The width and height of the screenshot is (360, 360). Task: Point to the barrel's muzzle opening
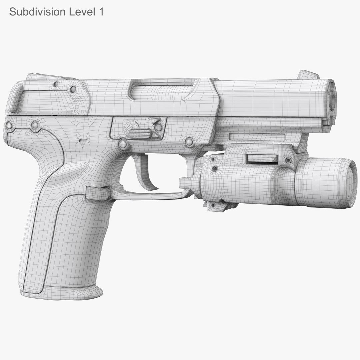[x=332, y=100]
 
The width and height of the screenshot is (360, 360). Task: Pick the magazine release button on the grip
[x=97, y=193]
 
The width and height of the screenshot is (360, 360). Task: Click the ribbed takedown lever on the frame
[x=139, y=133]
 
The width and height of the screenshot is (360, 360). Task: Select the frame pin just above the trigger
[x=123, y=144]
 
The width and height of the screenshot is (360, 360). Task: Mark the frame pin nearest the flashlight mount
[x=189, y=142]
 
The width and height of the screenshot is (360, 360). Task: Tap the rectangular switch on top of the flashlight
[x=262, y=159]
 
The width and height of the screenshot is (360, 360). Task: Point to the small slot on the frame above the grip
[x=83, y=141]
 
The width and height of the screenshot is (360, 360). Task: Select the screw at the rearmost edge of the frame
[x=9, y=126]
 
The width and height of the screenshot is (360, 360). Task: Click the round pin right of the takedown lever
[x=159, y=127]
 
